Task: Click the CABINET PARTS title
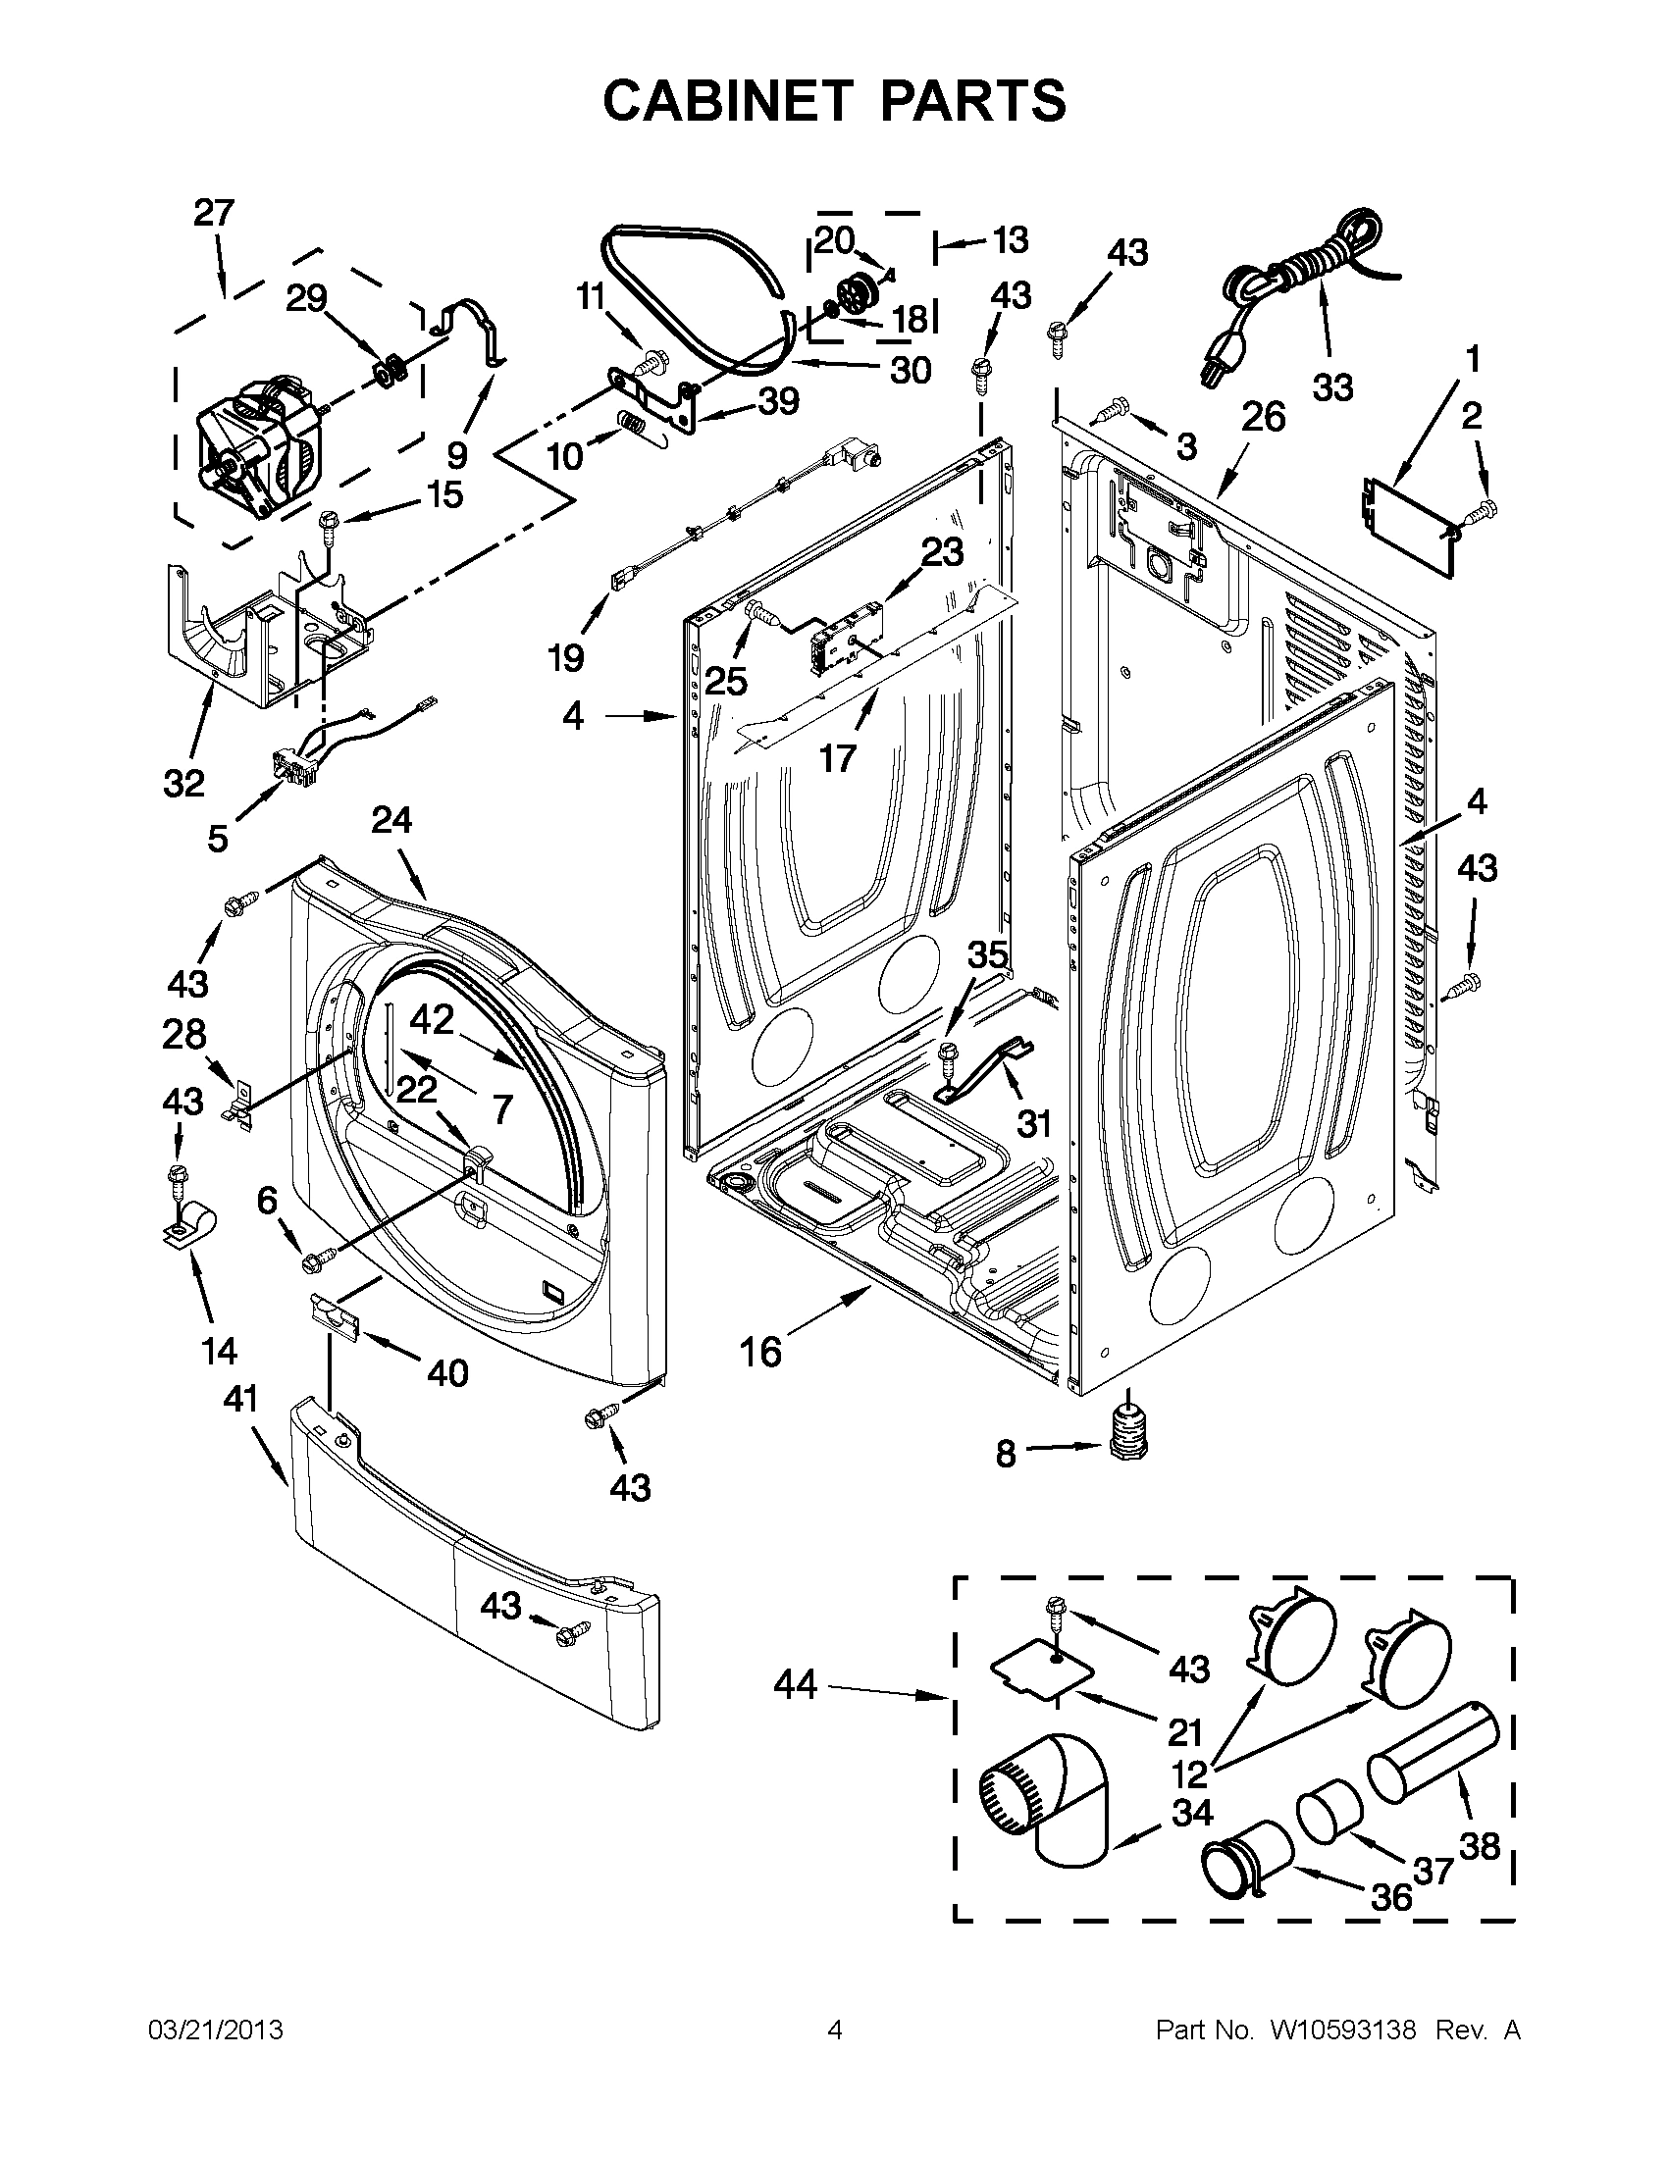(x=833, y=100)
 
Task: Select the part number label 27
(x=214, y=213)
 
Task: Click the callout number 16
(x=760, y=1351)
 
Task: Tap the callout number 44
(x=795, y=1684)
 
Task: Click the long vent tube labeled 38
(x=1433, y=1755)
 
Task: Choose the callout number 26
(x=1263, y=417)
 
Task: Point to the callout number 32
(x=183, y=783)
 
